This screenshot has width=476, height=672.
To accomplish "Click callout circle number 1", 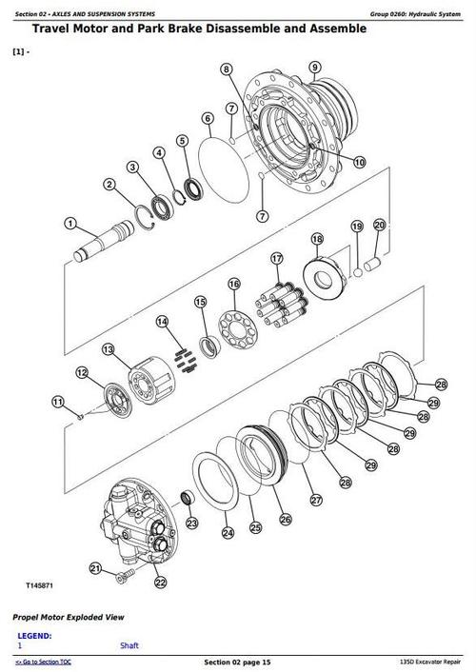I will [69, 224].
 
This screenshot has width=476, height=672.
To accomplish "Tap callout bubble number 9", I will [314, 67].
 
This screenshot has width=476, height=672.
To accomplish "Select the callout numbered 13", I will [109, 350].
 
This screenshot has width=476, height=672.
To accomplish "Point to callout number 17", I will [276, 258].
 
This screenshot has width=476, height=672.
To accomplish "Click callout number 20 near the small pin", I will [379, 226].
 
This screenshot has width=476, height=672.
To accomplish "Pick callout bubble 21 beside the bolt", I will [95, 568].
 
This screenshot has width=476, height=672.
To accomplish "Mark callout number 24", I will [228, 532].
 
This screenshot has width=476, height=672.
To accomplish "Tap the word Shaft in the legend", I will [129, 645].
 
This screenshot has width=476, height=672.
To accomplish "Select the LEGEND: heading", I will [34, 635].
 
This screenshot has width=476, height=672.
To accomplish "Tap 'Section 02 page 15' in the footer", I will [237, 662].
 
